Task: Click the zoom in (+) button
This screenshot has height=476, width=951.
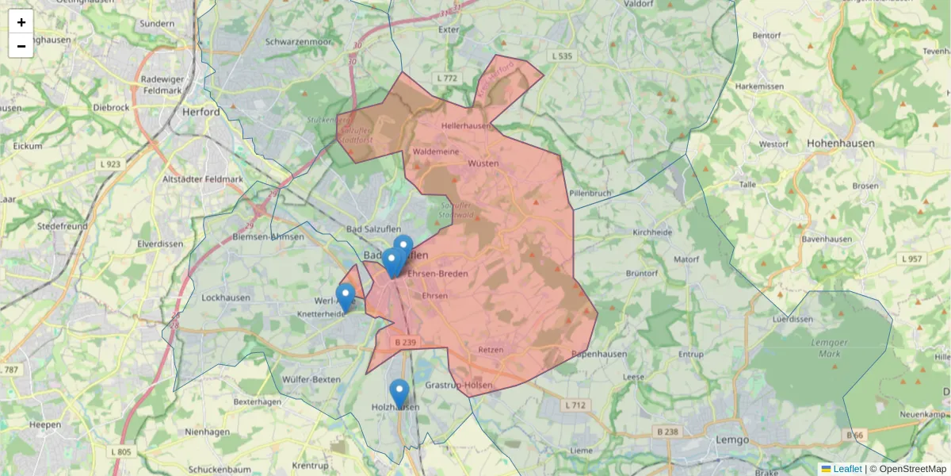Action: (21, 22)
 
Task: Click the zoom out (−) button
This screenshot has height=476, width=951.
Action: (21, 46)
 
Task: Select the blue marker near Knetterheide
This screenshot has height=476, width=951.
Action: (345, 297)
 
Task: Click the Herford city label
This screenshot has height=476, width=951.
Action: (201, 112)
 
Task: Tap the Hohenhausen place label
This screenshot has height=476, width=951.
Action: (841, 144)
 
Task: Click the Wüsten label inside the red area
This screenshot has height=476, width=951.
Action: (483, 163)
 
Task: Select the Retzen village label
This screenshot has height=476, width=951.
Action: (491, 349)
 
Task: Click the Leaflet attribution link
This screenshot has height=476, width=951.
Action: (847, 469)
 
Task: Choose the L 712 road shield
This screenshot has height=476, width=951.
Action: (575, 405)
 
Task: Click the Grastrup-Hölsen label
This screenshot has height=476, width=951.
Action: (459, 386)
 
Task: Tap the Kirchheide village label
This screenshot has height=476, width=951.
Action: (652, 232)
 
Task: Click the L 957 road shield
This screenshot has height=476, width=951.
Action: (912, 259)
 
